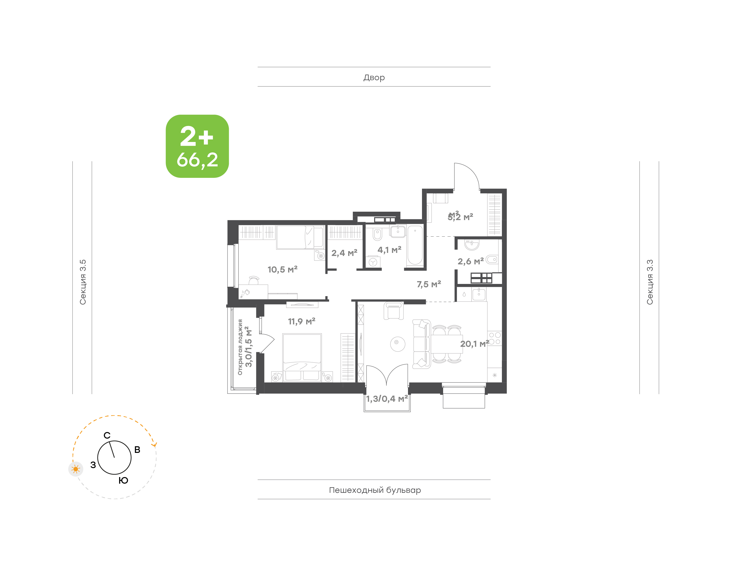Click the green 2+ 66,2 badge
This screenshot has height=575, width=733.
pyautogui.click(x=197, y=146)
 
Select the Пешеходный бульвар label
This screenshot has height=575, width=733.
pyautogui.click(x=375, y=490)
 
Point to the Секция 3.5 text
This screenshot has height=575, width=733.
pyautogui.click(x=83, y=282)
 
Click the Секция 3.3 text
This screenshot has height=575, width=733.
pyautogui.click(x=650, y=282)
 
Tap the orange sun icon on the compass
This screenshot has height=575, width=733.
pyautogui.click(x=76, y=469)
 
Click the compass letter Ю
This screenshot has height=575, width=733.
pyautogui.click(x=123, y=480)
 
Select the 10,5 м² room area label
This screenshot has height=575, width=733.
pyautogui.click(x=283, y=269)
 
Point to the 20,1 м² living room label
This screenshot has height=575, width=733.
pyautogui.click(x=474, y=344)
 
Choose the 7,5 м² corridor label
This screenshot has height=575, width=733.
pyautogui.click(x=429, y=284)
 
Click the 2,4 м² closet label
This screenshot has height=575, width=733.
pyautogui.click(x=344, y=253)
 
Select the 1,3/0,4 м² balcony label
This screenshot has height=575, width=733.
pyautogui.click(x=387, y=399)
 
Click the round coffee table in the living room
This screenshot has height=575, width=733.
pyautogui.click(x=398, y=344)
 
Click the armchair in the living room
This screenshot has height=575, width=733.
pyautogui.click(x=393, y=311)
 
